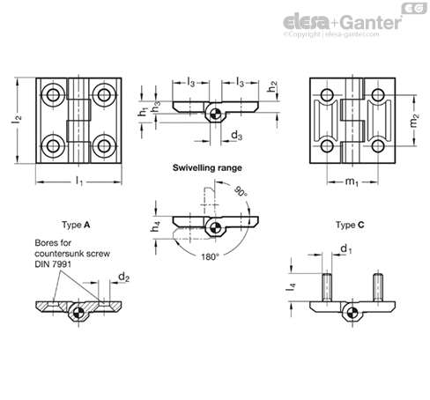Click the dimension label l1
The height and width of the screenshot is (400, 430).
click(x=79, y=181)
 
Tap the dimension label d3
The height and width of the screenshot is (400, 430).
click(x=236, y=135)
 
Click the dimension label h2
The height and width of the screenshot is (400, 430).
click(x=273, y=87)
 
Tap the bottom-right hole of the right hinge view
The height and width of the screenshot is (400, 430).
click(x=379, y=144)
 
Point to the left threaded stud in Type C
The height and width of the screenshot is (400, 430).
click(x=327, y=288)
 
